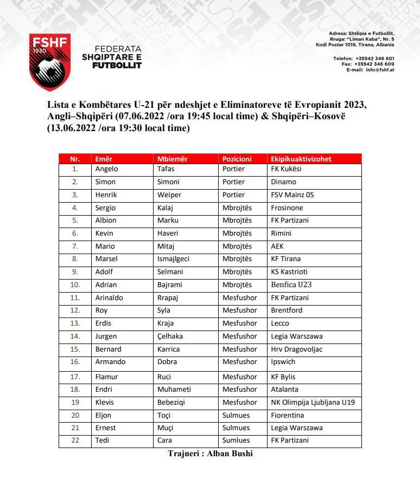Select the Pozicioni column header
point(237,159)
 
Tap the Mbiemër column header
point(172,159)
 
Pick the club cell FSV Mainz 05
point(292,195)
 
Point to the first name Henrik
point(106,195)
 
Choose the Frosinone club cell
point(287,208)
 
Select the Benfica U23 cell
point(291,284)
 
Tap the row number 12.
point(75,310)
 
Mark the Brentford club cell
point(287,310)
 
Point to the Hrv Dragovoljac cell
point(296,349)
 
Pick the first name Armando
point(110,362)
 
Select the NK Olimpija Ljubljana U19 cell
point(313,403)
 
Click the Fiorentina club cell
point(287,416)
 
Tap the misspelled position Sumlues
point(236,440)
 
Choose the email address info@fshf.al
point(380,70)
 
